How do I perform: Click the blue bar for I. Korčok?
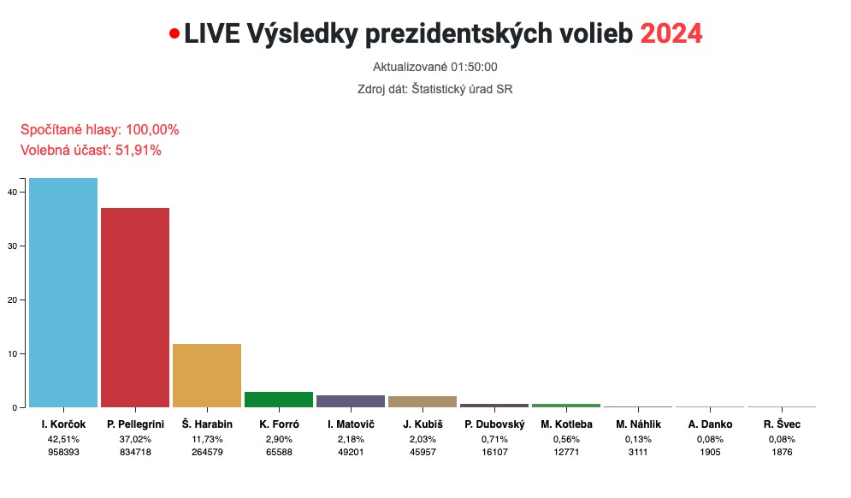pyautogui.click(x=63, y=292)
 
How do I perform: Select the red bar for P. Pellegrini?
pyautogui.click(x=135, y=307)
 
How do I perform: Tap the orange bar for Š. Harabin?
pyautogui.click(x=207, y=375)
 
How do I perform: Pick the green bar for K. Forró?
pyautogui.click(x=279, y=399)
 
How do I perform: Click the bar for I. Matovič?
pyautogui.click(x=351, y=400)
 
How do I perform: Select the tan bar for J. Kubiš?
pyautogui.click(x=423, y=401)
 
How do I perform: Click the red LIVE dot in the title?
pyautogui.click(x=174, y=34)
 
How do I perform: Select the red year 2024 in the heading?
pyautogui.click(x=671, y=33)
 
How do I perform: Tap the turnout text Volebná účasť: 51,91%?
pyautogui.click(x=91, y=150)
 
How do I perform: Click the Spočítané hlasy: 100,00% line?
pyautogui.click(x=99, y=129)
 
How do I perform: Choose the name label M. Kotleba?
pyautogui.click(x=566, y=424)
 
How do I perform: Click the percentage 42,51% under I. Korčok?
pyautogui.click(x=63, y=439)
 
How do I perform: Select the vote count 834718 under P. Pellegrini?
pyautogui.click(x=135, y=453)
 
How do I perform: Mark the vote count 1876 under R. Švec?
pyautogui.click(x=782, y=453)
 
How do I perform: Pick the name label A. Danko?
pyautogui.click(x=710, y=424)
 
